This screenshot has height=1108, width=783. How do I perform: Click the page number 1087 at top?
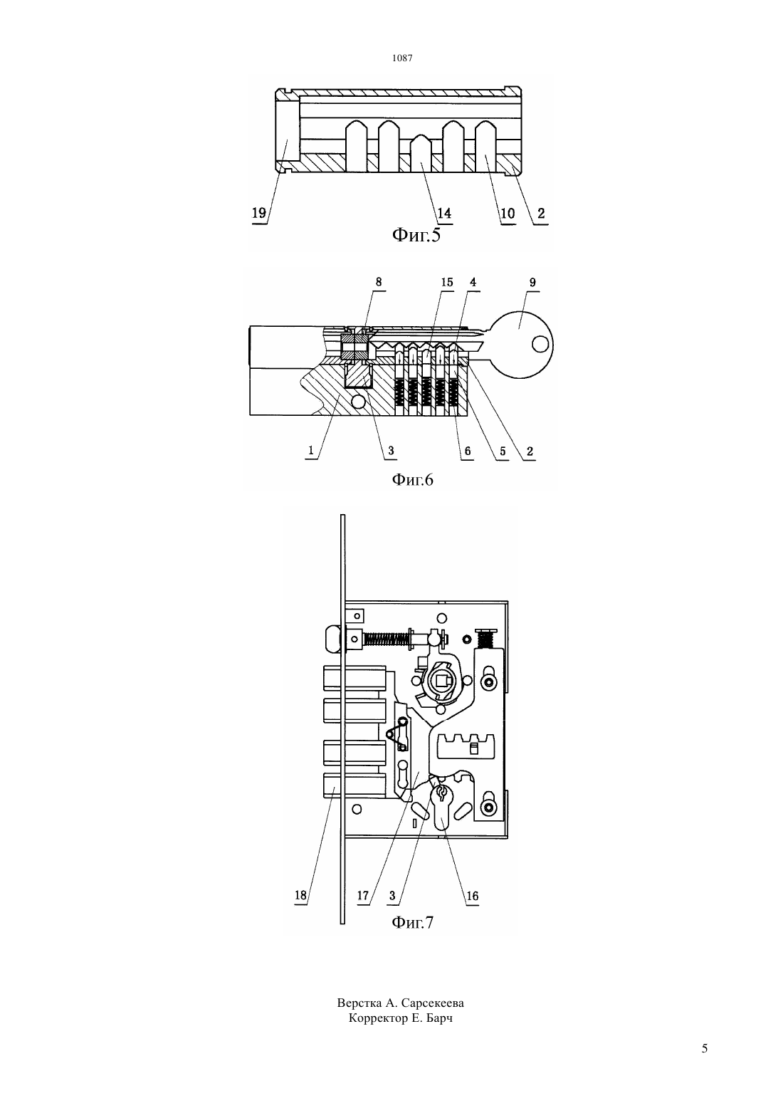coord(402,58)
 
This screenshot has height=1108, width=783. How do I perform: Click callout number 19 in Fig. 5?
coord(259,213)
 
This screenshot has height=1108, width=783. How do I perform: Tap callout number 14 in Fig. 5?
coord(444,213)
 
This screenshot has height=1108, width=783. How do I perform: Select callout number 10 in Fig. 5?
coord(508,213)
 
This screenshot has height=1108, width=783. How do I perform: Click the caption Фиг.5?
coord(416,235)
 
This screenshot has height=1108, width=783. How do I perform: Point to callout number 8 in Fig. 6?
coord(379,282)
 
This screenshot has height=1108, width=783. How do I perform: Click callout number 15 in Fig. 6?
coord(447,282)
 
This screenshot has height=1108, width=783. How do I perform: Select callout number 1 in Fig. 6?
coord(311,450)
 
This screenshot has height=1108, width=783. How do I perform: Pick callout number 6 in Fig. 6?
coord(468,451)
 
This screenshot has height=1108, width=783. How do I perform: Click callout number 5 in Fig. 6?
coord(503,451)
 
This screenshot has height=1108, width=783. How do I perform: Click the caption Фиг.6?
coord(412,479)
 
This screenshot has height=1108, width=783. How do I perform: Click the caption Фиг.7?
coord(412,923)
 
